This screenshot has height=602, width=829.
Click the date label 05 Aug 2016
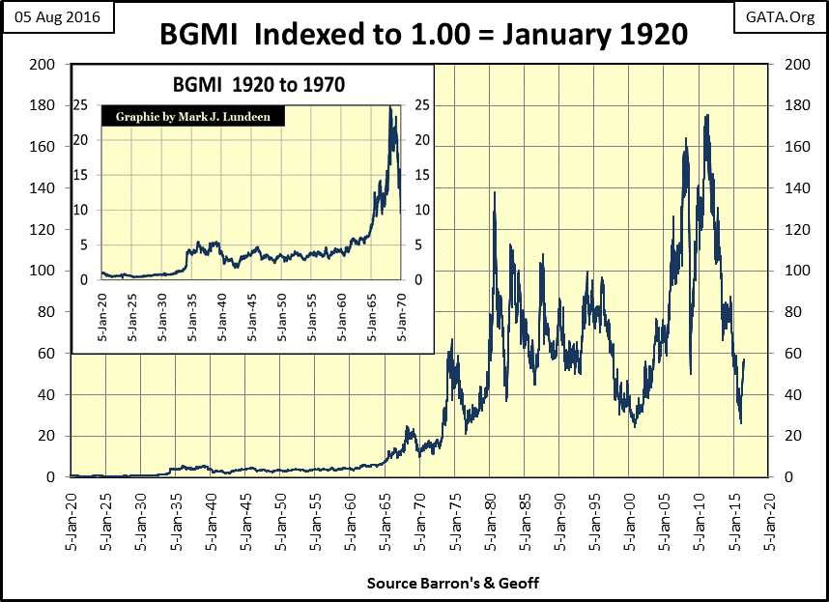point(57,18)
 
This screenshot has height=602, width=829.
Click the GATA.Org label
point(780,18)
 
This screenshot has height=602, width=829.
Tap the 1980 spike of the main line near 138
point(495,192)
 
